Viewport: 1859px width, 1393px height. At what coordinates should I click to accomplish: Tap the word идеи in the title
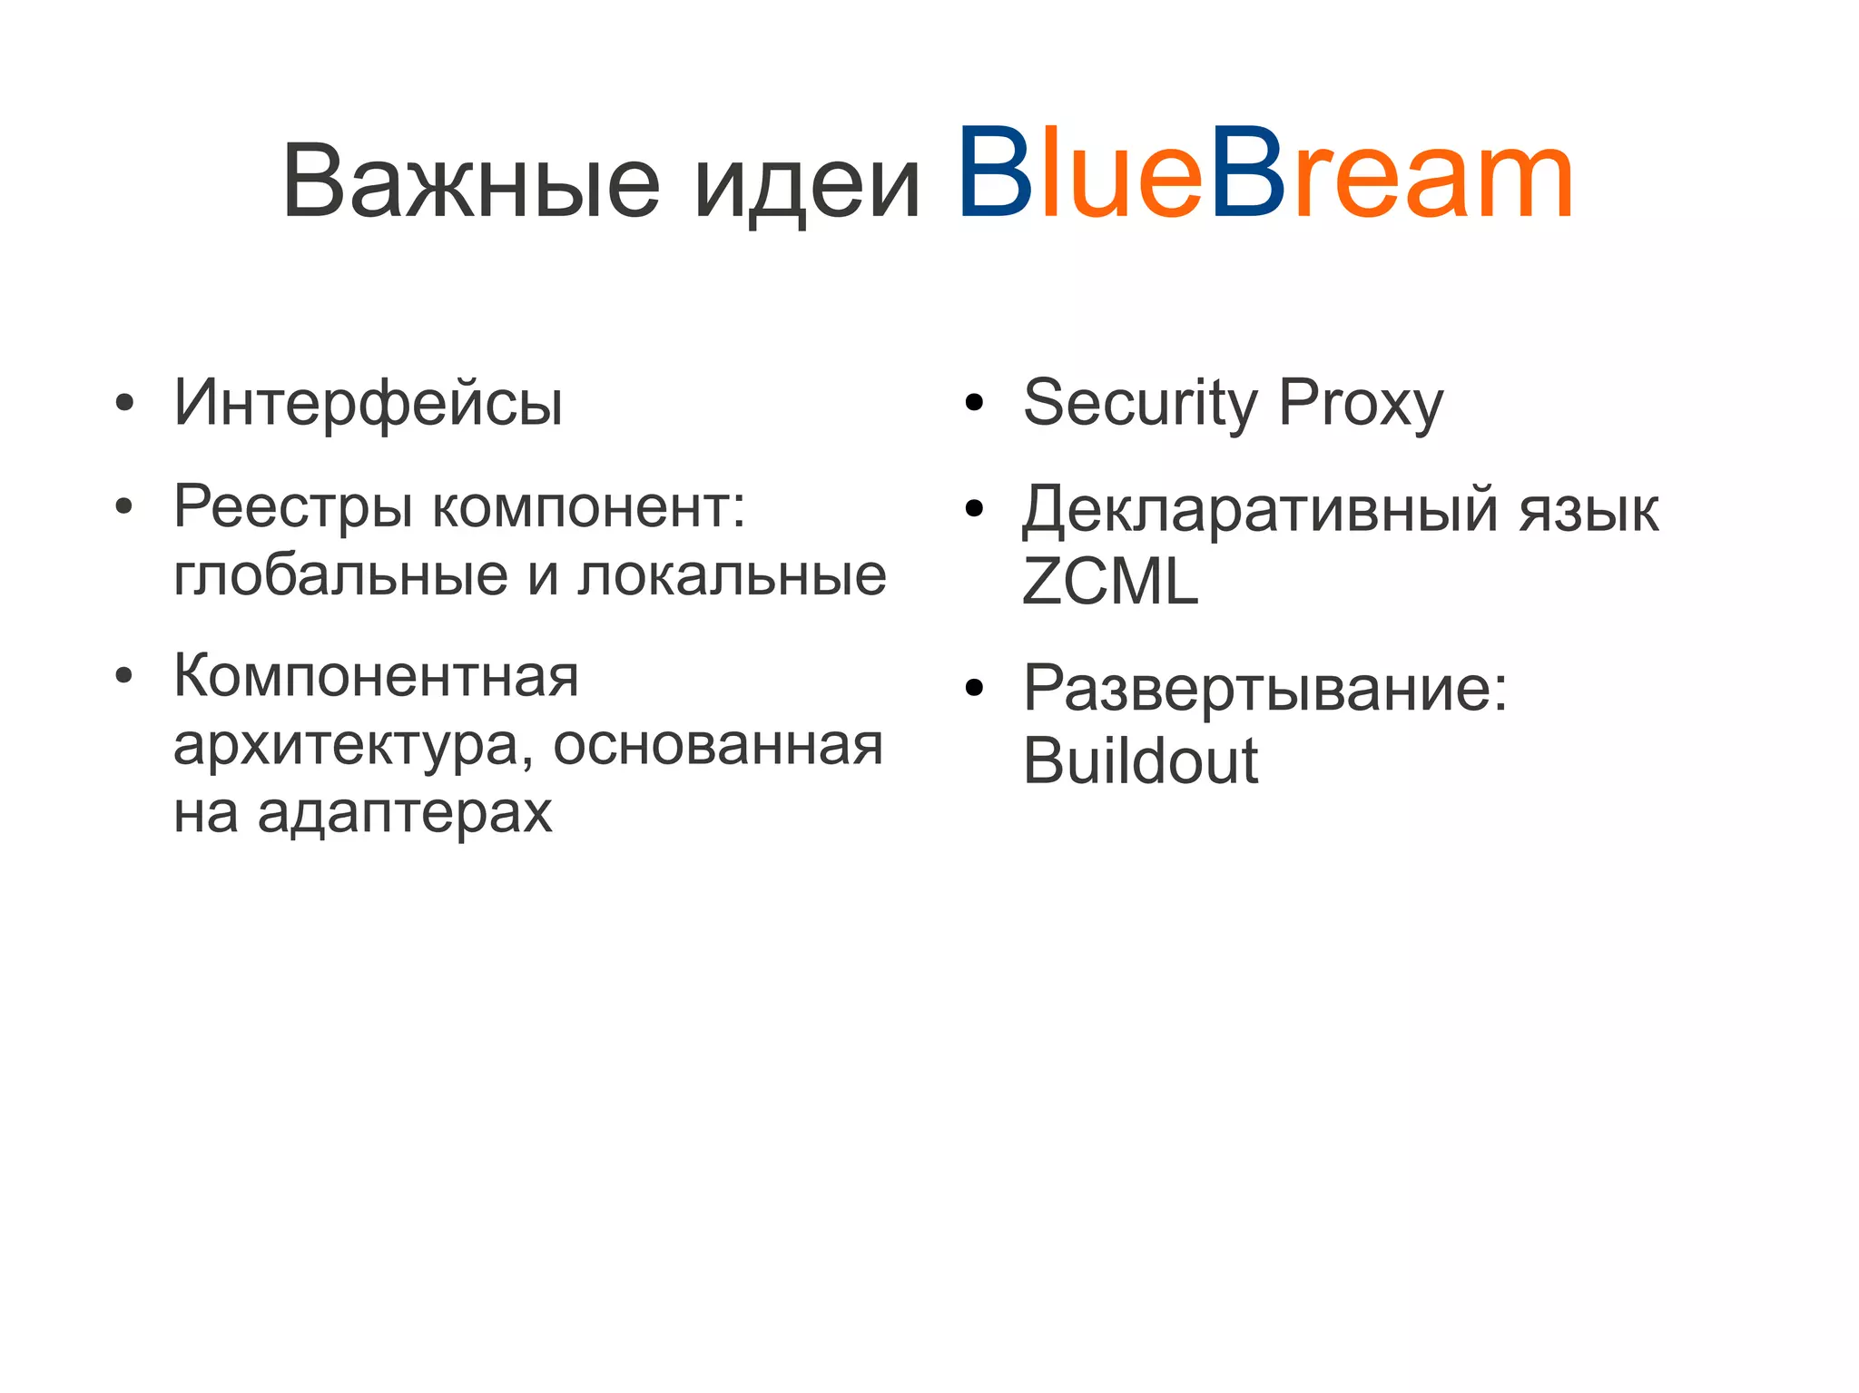807,186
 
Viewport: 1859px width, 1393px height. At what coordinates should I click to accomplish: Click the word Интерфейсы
368,402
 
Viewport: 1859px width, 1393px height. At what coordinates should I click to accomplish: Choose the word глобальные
340,576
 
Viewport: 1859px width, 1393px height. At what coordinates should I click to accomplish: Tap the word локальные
733,576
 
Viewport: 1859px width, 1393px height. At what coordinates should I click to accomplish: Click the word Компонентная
376,676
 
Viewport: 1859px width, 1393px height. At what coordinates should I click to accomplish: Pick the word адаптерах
405,812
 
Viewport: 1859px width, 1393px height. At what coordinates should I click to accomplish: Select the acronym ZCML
1109,581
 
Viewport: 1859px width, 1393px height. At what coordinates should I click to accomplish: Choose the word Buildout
1140,760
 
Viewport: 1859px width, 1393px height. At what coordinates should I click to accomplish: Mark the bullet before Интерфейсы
125,403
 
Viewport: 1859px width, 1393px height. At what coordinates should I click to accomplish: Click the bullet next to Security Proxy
974,403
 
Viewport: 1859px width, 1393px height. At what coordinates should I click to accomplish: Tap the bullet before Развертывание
974,690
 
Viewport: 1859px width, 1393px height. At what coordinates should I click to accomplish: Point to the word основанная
718,746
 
